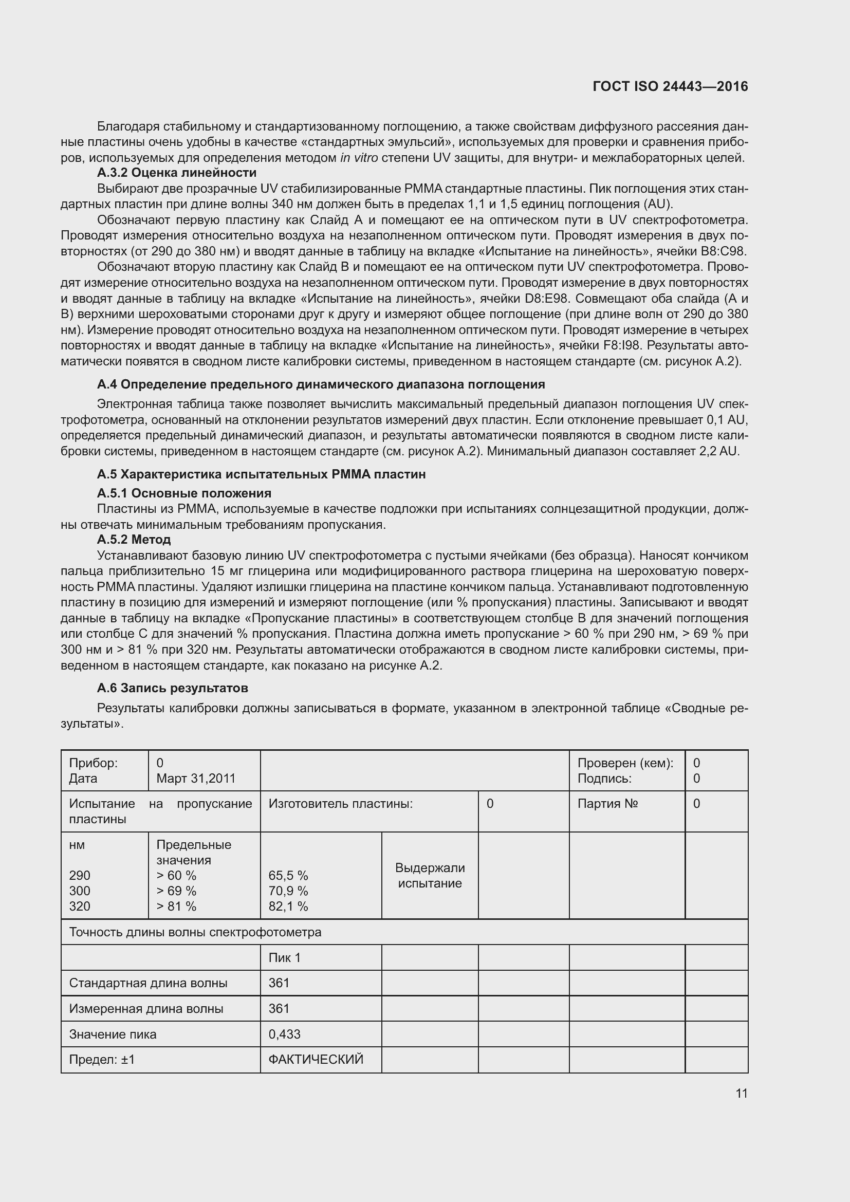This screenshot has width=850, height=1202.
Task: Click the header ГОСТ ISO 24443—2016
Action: [x=670, y=86]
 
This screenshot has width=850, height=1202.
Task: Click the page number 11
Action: [x=741, y=1093]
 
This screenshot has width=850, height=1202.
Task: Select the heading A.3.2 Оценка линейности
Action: [x=176, y=173]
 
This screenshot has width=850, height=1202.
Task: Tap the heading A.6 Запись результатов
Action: [x=172, y=688]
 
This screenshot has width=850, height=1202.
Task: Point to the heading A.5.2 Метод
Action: [x=134, y=539]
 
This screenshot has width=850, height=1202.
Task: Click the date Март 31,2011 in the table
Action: [x=196, y=779]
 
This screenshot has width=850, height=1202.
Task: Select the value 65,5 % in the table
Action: [x=288, y=875]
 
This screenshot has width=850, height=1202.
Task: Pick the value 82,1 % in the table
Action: [x=288, y=906]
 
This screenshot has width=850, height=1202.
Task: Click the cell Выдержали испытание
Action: [x=429, y=875]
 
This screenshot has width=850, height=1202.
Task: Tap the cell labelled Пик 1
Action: [x=284, y=957]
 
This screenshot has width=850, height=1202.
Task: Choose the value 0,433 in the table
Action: [x=284, y=1034]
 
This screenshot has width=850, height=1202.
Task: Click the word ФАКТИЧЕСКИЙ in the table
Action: [x=316, y=1060]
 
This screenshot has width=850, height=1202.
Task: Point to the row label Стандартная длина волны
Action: [x=148, y=983]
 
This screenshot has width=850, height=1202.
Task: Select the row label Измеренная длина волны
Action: [x=146, y=1008]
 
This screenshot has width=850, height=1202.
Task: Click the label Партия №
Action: [x=607, y=804]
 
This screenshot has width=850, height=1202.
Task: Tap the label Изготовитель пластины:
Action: [x=340, y=804]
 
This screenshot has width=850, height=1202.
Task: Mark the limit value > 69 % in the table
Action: [x=176, y=891]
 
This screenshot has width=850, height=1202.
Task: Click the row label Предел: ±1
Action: [x=102, y=1060]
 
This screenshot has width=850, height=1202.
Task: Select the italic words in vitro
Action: [x=359, y=158]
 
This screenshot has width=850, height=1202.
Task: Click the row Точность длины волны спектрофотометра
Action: [x=195, y=932]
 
